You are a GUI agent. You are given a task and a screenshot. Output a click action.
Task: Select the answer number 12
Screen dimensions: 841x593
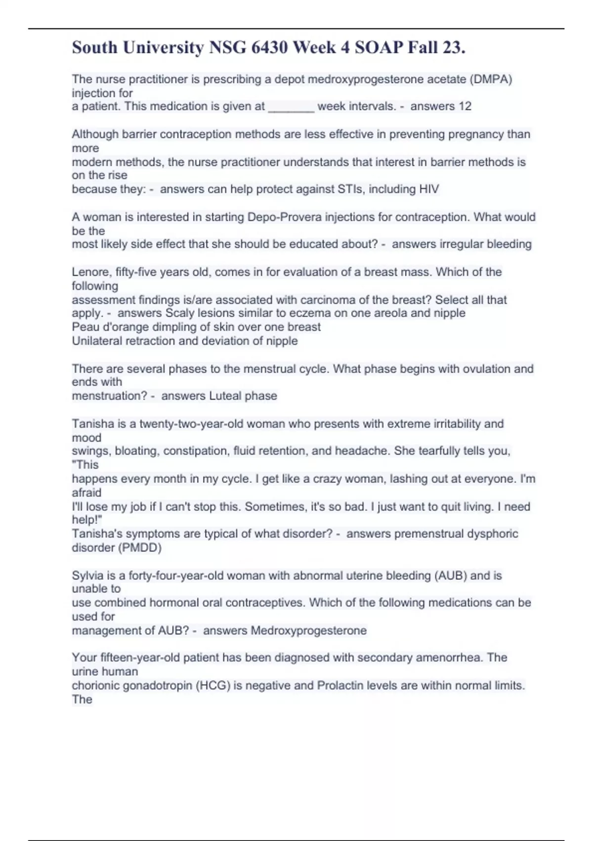coord(465,106)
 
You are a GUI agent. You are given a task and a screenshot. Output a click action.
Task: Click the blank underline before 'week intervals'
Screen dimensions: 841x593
coord(291,106)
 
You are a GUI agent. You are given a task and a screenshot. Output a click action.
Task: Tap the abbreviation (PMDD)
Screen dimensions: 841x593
coord(139,548)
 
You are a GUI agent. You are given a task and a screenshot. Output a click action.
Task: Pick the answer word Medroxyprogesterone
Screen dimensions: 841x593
coord(308,630)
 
